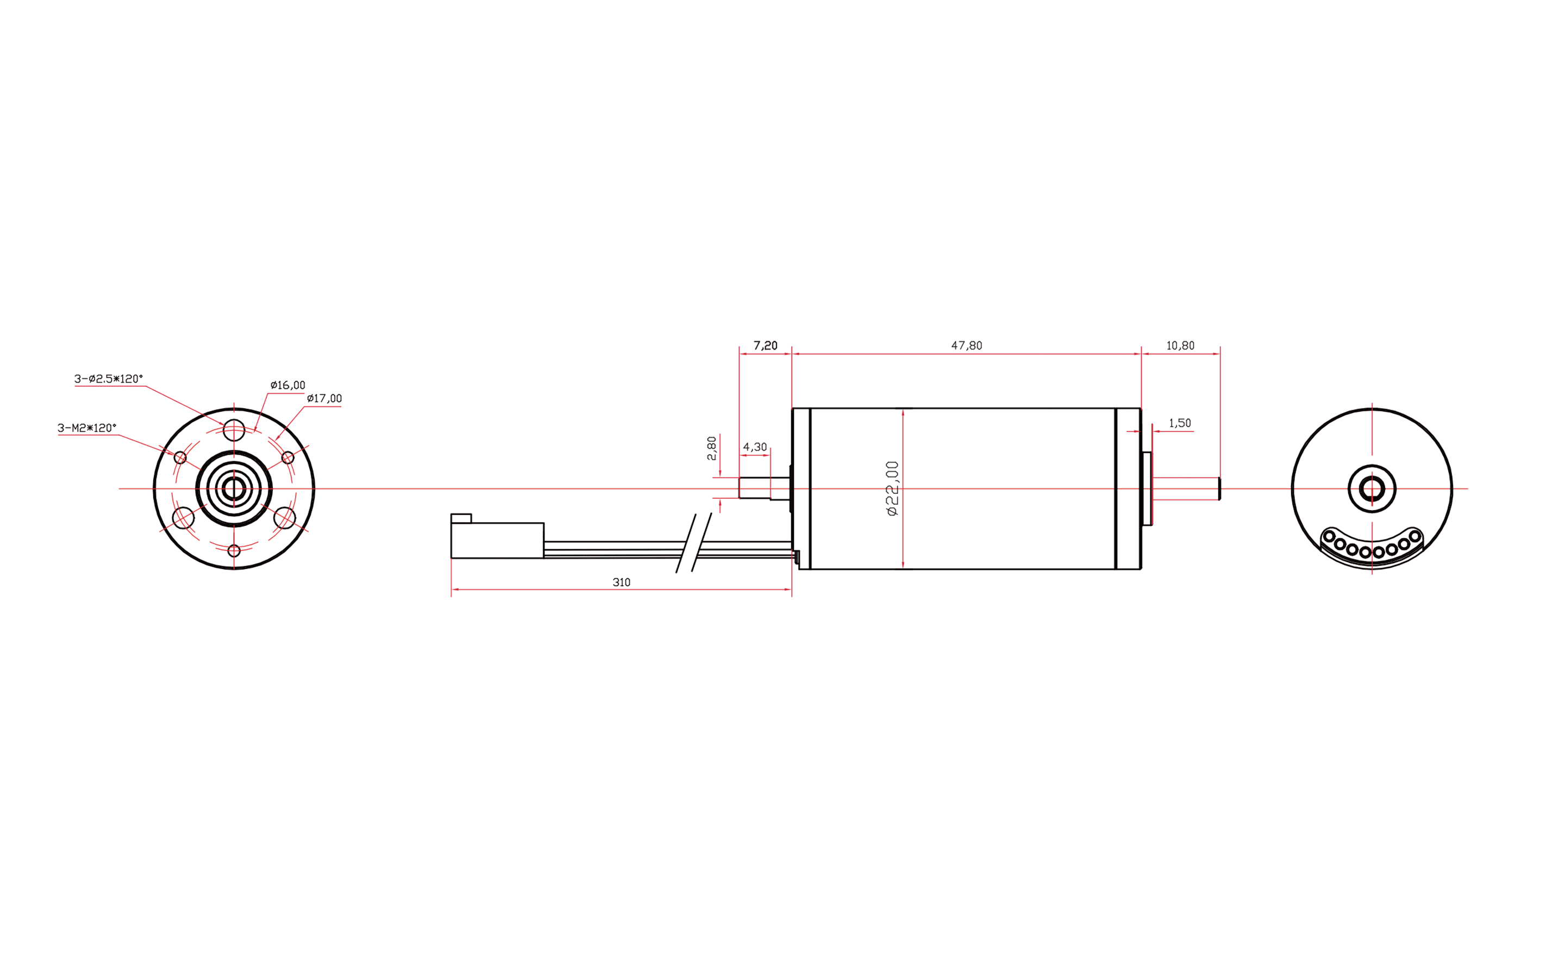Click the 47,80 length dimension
[966, 346]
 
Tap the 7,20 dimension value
[765, 346]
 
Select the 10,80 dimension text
[1180, 346]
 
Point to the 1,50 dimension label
[1180, 423]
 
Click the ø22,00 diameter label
[892, 488]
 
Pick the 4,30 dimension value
[755, 447]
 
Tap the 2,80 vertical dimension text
[712, 448]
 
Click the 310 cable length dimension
[622, 582]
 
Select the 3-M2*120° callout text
[87, 428]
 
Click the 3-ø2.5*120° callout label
[109, 378]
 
